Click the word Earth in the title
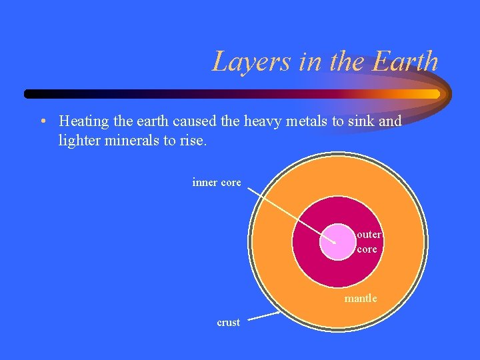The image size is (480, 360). tap(405, 62)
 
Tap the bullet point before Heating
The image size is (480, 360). tap(42, 122)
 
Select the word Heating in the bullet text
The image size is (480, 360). tap(82, 121)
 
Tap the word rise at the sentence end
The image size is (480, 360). tap(193, 141)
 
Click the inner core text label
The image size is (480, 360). tap(217, 182)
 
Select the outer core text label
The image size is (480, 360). tap(368, 242)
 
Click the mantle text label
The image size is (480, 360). tap(361, 298)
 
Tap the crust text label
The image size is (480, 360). tap(228, 322)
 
